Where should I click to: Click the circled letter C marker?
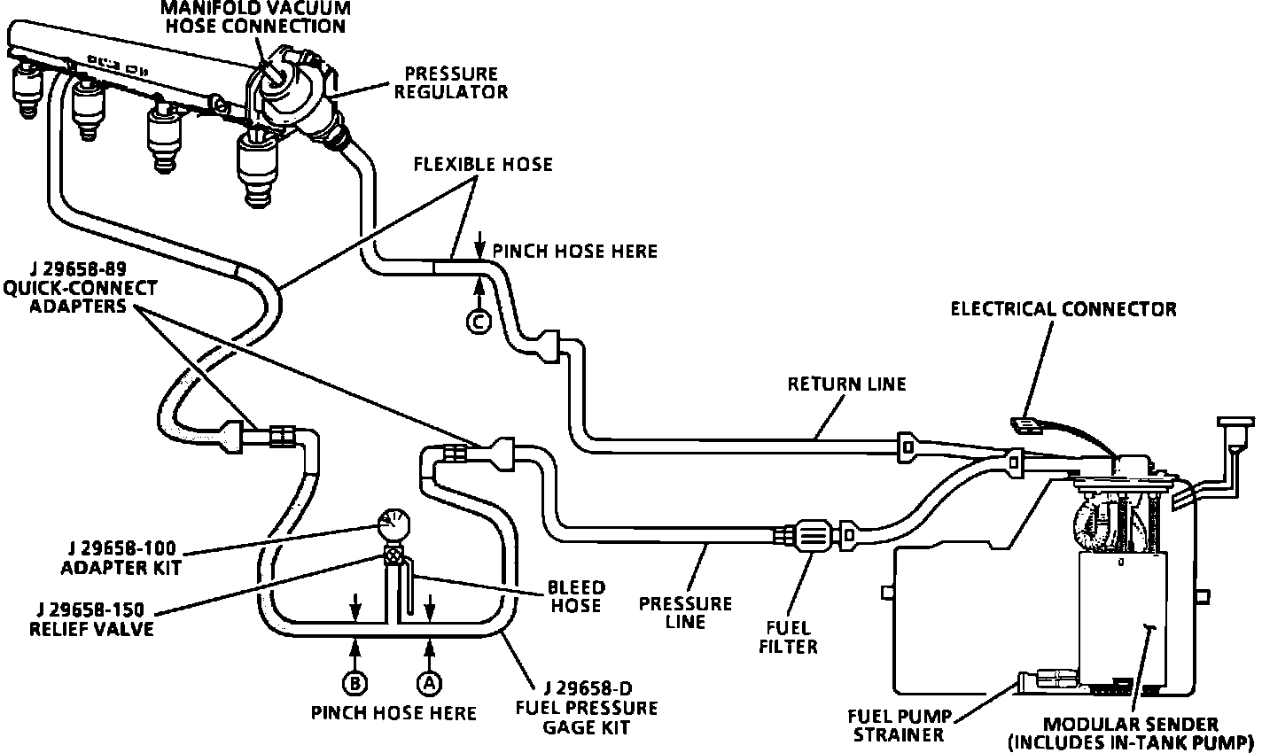pos(479,323)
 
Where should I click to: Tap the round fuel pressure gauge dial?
pos(391,525)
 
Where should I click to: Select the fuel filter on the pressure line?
pos(813,536)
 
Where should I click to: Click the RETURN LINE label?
pos(847,384)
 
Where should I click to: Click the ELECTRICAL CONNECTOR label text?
pos(1063,309)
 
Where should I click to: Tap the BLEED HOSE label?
pos(576,596)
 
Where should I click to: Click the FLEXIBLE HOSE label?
pos(483,164)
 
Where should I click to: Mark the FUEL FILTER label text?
pos(789,638)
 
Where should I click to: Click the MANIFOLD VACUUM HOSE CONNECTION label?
pos(255,17)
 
